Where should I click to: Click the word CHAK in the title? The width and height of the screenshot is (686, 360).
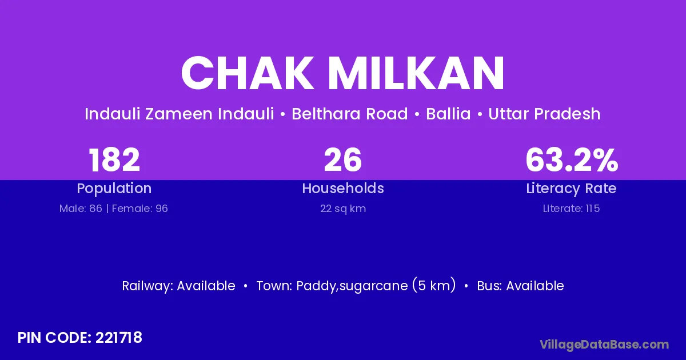(248, 73)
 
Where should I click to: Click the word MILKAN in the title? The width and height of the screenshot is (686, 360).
(416, 73)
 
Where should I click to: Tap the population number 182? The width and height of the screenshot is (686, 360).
(114, 160)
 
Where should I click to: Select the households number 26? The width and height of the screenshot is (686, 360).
(342, 160)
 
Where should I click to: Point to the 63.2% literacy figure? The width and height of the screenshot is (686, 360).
(572, 160)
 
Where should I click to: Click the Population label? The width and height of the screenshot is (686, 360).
(114, 189)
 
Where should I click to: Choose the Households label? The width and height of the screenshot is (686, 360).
(343, 188)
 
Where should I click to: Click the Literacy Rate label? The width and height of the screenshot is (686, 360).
(571, 189)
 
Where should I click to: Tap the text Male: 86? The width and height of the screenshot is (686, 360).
(81, 209)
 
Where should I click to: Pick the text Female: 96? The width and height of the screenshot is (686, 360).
(140, 209)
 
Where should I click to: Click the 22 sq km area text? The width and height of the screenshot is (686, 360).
(343, 209)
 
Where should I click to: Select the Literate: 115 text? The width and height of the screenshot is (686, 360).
(571, 209)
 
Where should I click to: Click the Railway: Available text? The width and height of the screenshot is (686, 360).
(179, 286)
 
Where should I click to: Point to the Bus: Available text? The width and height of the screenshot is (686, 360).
(520, 286)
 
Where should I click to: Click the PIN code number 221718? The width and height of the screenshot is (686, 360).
(118, 338)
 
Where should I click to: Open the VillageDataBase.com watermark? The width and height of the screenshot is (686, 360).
(604, 345)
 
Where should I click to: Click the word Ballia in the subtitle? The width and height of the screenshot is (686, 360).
(448, 114)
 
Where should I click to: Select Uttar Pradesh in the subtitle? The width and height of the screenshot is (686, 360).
(544, 114)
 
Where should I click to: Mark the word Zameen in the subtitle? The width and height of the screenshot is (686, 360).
(179, 114)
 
